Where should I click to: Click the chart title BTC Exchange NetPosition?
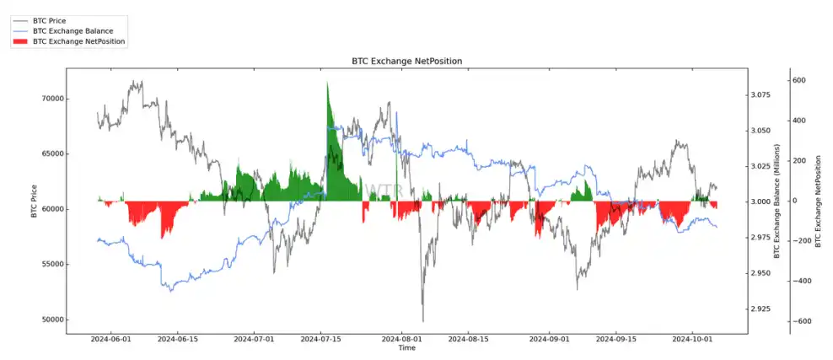[x=406, y=62]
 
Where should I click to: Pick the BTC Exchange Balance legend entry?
[x=73, y=30]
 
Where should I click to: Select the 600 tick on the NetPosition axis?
[x=798, y=81]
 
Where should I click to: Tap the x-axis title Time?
[x=406, y=347]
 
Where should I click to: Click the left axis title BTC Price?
[x=34, y=201]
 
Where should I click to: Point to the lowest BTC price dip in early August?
[x=422, y=320]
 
